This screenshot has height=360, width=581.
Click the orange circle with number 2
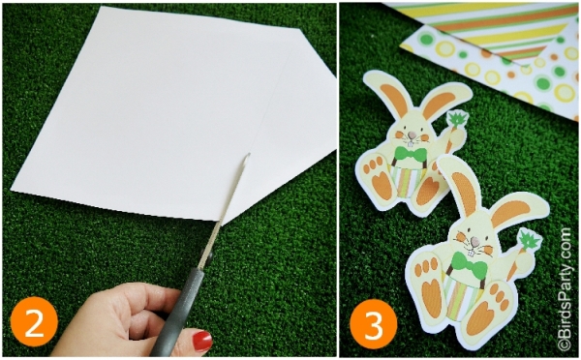(34, 321)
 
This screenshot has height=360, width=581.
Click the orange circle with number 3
(373, 325)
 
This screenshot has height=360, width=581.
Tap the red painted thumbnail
(202, 341)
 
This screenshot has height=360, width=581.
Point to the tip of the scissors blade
(250, 154)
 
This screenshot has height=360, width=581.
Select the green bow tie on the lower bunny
(468, 263)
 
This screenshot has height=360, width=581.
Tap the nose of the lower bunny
(474, 242)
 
